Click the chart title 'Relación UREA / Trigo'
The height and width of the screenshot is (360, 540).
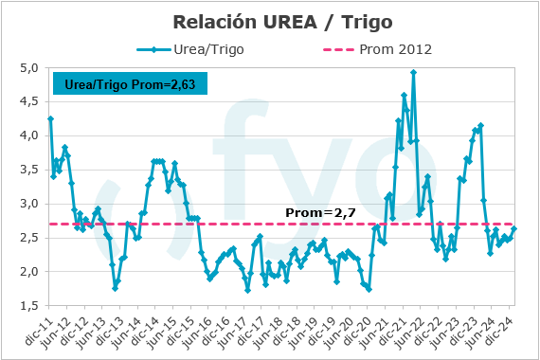pos(270,20)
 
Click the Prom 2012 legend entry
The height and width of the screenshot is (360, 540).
pos(369,49)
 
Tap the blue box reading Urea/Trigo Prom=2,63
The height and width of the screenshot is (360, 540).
pos(129,84)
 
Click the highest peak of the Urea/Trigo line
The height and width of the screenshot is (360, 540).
pos(413,72)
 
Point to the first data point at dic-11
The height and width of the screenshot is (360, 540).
pos(50,118)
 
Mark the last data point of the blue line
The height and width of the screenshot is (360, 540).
pos(514,228)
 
